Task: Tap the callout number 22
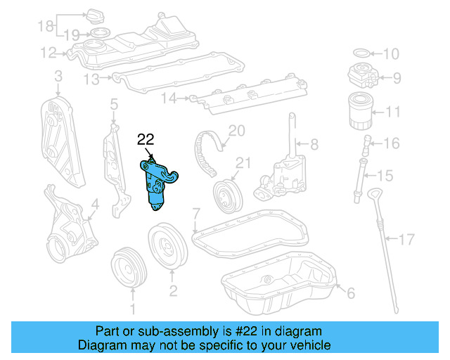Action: (146, 139)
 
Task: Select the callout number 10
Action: (390, 53)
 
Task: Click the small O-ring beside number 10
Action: (359, 53)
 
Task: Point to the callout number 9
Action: (396, 77)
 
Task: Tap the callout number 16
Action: (391, 143)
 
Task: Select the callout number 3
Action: (58, 75)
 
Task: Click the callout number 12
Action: (48, 52)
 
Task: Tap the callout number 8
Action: (314, 145)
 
